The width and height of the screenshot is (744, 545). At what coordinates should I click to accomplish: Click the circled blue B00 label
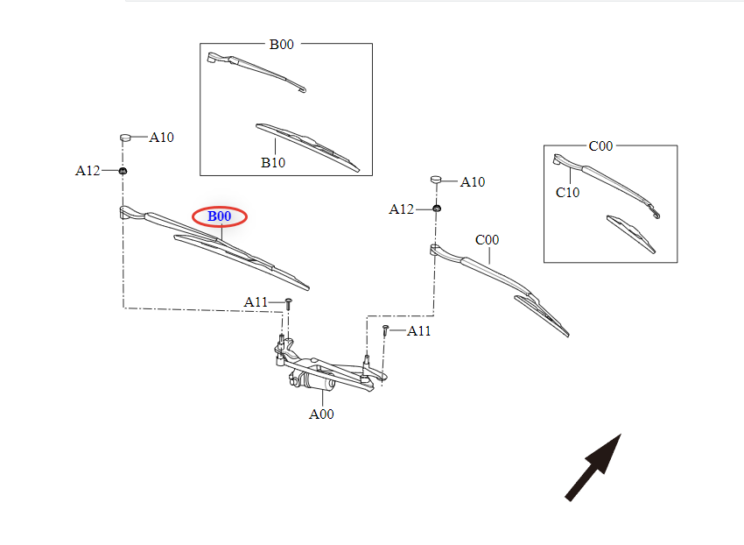220,216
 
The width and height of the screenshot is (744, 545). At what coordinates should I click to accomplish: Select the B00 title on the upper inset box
281,45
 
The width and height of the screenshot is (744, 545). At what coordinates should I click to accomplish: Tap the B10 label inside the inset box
272,162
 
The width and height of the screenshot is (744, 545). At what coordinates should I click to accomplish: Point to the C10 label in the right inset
567,193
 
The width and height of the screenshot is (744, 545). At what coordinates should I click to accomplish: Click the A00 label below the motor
321,414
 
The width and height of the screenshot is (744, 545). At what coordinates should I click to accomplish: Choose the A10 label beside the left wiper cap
162,138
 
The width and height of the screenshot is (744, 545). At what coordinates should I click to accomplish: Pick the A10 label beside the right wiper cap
473,182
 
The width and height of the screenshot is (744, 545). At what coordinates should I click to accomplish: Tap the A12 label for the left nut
88,171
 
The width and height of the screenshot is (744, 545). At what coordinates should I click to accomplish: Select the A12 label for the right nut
402,209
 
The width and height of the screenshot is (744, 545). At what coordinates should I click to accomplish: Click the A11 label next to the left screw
256,302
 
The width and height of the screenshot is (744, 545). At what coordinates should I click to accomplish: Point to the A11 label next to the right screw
418,331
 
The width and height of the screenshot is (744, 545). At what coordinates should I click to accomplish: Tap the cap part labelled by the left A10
125,137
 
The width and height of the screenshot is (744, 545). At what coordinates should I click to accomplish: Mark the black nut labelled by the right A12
436,208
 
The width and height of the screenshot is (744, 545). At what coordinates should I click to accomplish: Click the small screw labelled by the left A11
288,303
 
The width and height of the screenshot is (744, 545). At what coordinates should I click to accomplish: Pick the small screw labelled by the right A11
385,330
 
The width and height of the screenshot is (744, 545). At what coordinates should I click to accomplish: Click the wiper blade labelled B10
306,145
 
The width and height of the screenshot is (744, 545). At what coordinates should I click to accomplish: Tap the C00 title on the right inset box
600,146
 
